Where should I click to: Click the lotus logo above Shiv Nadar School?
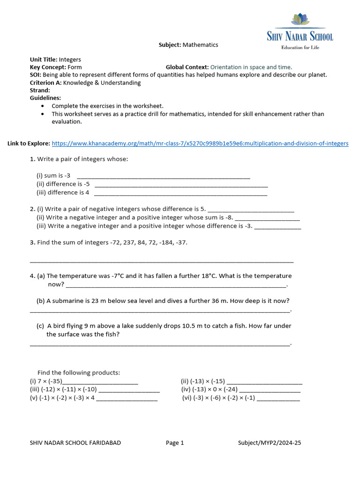(300, 20)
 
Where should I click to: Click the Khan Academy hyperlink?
(200, 143)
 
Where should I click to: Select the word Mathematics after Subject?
(200, 45)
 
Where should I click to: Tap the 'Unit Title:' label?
(43, 60)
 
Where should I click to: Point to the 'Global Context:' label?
(187, 67)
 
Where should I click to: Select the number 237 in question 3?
(116, 242)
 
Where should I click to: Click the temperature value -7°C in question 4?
(122, 276)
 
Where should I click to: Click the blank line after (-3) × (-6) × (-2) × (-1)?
(278, 398)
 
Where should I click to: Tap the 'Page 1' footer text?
(175, 443)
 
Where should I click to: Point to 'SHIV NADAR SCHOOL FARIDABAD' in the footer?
(75, 443)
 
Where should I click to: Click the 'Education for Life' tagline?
(300, 47)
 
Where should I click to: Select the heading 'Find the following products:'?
(79, 373)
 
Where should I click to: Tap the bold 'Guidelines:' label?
(45, 98)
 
